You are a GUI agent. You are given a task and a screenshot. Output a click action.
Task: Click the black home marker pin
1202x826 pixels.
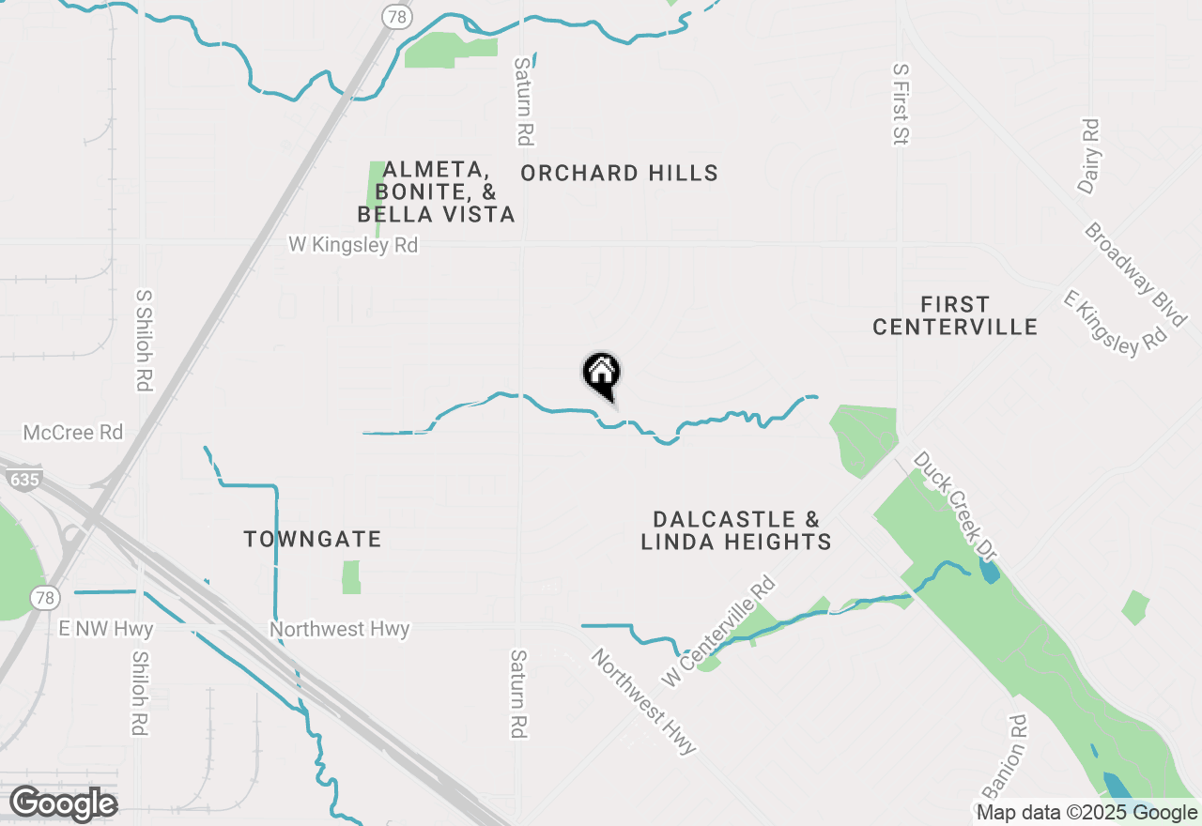click(601, 375)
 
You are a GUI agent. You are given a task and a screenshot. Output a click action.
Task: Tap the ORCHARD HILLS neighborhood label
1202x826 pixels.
click(619, 174)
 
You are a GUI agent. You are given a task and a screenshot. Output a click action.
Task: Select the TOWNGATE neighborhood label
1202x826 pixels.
click(313, 540)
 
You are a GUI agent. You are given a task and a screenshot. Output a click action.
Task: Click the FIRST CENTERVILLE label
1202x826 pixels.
click(955, 315)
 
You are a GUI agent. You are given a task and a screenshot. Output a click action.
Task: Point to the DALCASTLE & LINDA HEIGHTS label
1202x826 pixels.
click(736, 530)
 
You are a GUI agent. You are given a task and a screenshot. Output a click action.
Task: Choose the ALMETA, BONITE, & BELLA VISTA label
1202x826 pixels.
click(436, 192)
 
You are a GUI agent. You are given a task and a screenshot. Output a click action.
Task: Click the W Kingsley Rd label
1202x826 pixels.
click(352, 245)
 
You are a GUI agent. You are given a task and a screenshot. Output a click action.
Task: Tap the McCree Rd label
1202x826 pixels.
click(73, 433)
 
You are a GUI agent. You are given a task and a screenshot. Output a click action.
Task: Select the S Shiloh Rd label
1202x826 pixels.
click(144, 340)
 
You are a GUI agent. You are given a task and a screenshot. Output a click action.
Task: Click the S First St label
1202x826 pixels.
click(901, 104)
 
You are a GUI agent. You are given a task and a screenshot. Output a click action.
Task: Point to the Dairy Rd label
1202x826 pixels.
click(1088, 156)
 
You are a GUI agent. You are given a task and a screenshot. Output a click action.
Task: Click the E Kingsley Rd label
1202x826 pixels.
click(1115, 323)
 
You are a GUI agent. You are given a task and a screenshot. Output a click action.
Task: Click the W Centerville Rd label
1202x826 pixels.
click(719, 631)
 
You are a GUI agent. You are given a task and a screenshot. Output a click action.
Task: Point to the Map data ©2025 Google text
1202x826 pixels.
click(1087, 813)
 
